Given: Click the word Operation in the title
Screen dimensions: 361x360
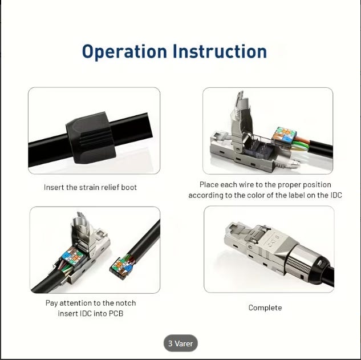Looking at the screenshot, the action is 124,51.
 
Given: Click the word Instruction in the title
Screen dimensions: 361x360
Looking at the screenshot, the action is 220,51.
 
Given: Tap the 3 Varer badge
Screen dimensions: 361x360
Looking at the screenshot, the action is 180,343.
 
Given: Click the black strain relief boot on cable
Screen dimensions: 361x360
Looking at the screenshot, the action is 91,137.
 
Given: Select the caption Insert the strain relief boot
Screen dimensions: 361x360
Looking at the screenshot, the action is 90,187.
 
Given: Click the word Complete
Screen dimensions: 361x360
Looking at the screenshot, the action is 265,308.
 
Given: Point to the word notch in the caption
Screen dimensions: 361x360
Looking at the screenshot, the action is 125,303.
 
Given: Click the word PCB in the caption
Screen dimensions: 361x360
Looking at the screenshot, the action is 116,313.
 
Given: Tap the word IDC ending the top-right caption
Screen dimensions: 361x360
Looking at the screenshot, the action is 336,195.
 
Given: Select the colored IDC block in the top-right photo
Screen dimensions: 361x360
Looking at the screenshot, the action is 284,136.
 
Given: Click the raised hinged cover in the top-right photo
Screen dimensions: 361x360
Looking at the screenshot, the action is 240,120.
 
